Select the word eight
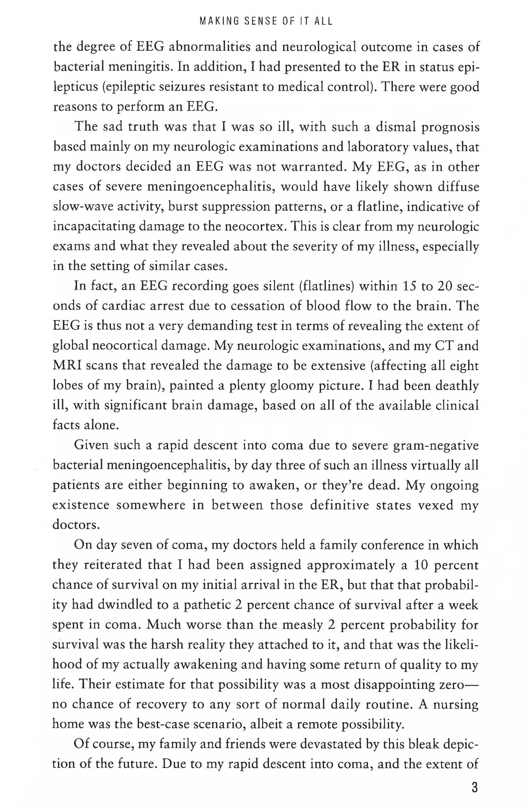click(x=464, y=365)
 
